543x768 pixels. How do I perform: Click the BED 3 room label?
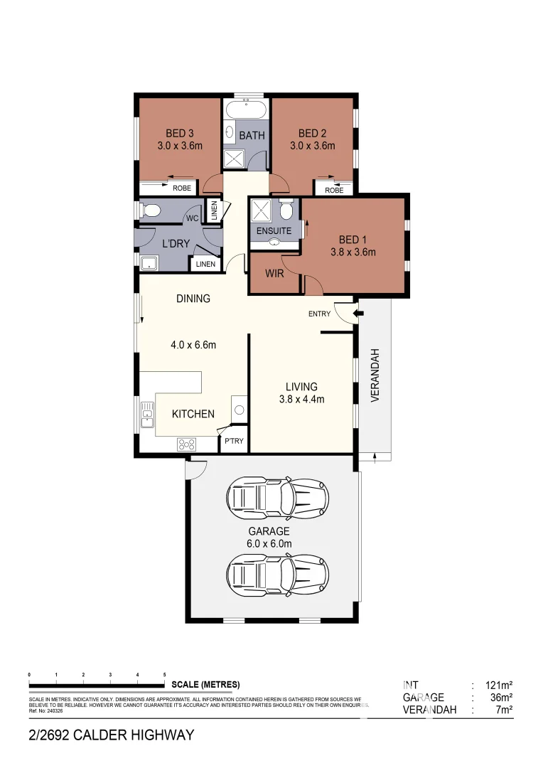(180, 133)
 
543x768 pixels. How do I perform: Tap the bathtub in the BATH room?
(247, 112)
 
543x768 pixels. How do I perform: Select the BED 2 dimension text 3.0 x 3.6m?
(313, 146)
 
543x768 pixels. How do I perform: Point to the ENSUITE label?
(274, 231)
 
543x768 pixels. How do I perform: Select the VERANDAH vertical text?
(375, 375)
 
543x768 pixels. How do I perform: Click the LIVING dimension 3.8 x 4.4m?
(301, 399)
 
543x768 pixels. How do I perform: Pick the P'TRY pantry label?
(234, 441)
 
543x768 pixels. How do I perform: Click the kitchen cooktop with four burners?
(187, 444)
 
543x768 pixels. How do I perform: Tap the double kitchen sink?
(147, 414)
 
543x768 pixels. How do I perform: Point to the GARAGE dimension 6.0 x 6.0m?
(269, 544)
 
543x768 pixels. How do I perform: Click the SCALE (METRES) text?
(205, 684)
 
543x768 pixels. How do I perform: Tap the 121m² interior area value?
(498, 685)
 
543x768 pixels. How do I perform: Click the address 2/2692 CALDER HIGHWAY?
(111, 735)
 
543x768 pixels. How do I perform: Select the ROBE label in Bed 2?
(334, 190)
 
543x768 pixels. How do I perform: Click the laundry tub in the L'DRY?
(149, 264)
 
